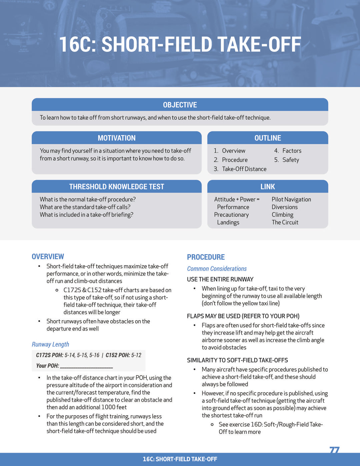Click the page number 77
(334, 450)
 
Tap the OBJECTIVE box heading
(180, 105)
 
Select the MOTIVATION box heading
(117, 138)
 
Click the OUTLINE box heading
(268, 138)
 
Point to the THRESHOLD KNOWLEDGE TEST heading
(117, 186)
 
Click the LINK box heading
(268, 186)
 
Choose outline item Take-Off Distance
(244, 169)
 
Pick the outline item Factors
(292, 151)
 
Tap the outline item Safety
(291, 160)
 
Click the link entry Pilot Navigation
(291, 199)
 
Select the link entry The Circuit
(285, 222)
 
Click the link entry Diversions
(285, 207)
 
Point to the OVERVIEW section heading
(48, 257)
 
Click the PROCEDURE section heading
(206, 257)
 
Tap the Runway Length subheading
(50, 344)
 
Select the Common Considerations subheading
(217, 269)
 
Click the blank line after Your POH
(86, 366)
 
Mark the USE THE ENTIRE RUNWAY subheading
(220, 279)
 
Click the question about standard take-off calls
(85, 207)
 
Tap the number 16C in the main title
(77, 45)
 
